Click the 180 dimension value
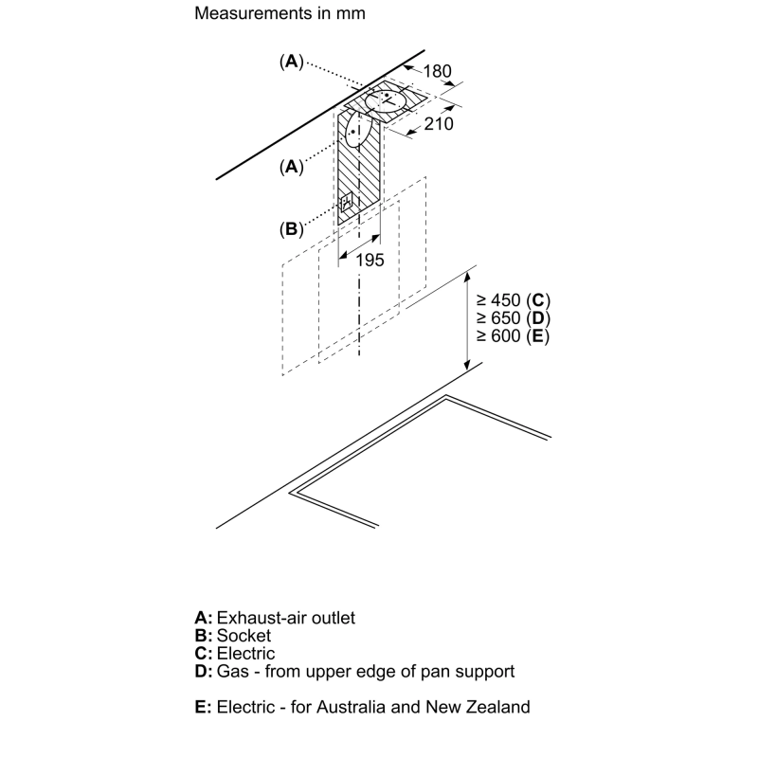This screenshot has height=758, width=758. [x=436, y=71]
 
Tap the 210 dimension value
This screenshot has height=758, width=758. [x=439, y=123]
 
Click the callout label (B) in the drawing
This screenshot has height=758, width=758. [x=291, y=228]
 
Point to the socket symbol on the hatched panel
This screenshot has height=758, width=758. [x=347, y=202]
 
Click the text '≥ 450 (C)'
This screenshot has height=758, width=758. [x=513, y=300]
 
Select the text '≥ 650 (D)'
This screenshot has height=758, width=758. [x=513, y=318]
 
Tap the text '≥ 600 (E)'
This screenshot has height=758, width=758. [x=513, y=336]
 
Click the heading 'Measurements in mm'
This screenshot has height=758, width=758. [x=280, y=14]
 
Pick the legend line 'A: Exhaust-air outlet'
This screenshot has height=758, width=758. [x=275, y=618]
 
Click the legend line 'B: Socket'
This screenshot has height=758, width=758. [x=232, y=636]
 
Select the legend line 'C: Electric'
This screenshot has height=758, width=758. [x=235, y=654]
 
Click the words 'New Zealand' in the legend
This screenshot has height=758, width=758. [x=484, y=707]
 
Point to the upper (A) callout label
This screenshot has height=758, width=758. [x=291, y=62]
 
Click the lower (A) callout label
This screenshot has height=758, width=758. [x=291, y=167]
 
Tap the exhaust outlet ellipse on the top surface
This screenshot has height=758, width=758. [x=389, y=100]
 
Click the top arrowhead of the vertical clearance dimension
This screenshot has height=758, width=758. [x=467, y=274]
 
